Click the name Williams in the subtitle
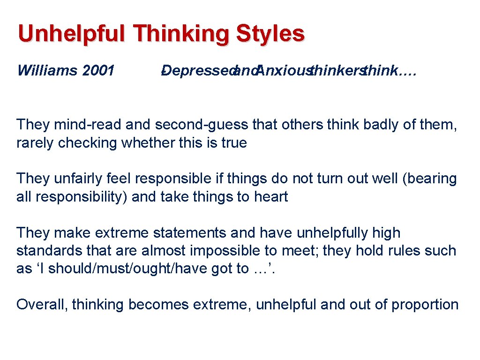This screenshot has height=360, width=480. (47, 71)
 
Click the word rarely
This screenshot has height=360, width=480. (35, 142)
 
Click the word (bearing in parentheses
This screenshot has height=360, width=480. (427, 179)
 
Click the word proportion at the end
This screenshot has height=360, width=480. (425, 305)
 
